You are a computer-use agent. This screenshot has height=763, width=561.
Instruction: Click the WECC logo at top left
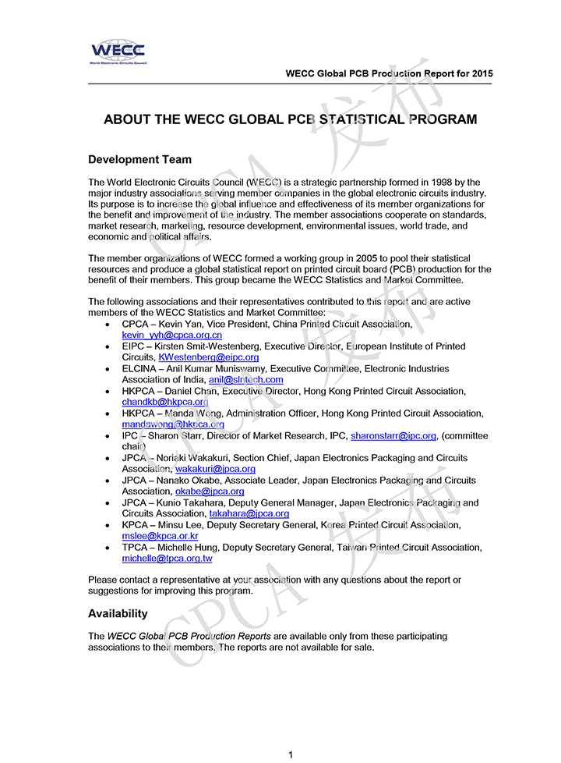(x=118, y=52)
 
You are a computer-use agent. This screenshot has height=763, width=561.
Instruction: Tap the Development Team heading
(x=139, y=160)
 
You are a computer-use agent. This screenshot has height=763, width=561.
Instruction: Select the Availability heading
(x=118, y=614)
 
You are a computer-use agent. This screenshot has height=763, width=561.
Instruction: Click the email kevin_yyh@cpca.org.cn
(x=171, y=335)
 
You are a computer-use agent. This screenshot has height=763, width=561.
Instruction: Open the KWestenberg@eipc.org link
(x=208, y=357)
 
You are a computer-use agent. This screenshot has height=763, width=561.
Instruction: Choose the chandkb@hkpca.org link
(x=165, y=402)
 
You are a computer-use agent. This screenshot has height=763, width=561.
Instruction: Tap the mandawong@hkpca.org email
(x=173, y=424)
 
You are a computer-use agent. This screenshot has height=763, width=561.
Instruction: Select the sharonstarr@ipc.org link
(x=393, y=436)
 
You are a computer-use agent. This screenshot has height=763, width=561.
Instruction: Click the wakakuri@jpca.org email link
(x=215, y=470)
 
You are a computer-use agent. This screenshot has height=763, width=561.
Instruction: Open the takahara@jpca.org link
(x=249, y=514)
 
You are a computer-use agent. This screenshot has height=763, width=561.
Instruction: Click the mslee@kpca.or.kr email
(x=160, y=537)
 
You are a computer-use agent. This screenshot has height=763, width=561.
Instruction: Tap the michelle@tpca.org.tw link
(x=167, y=559)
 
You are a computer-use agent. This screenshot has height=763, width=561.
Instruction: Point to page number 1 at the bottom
(x=291, y=754)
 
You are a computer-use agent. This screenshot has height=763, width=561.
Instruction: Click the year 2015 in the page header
(x=481, y=74)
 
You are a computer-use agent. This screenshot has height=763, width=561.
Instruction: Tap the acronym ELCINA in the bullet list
(x=138, y=368)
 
